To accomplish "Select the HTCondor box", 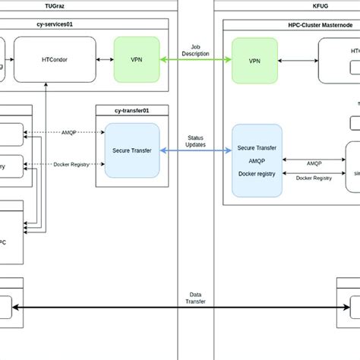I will click(52, 58).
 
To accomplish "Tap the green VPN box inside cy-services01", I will click(137, 58).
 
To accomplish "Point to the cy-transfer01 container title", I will click(128, 110).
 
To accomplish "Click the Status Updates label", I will click(197, 141).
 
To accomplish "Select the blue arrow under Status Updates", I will click(197, 151).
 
